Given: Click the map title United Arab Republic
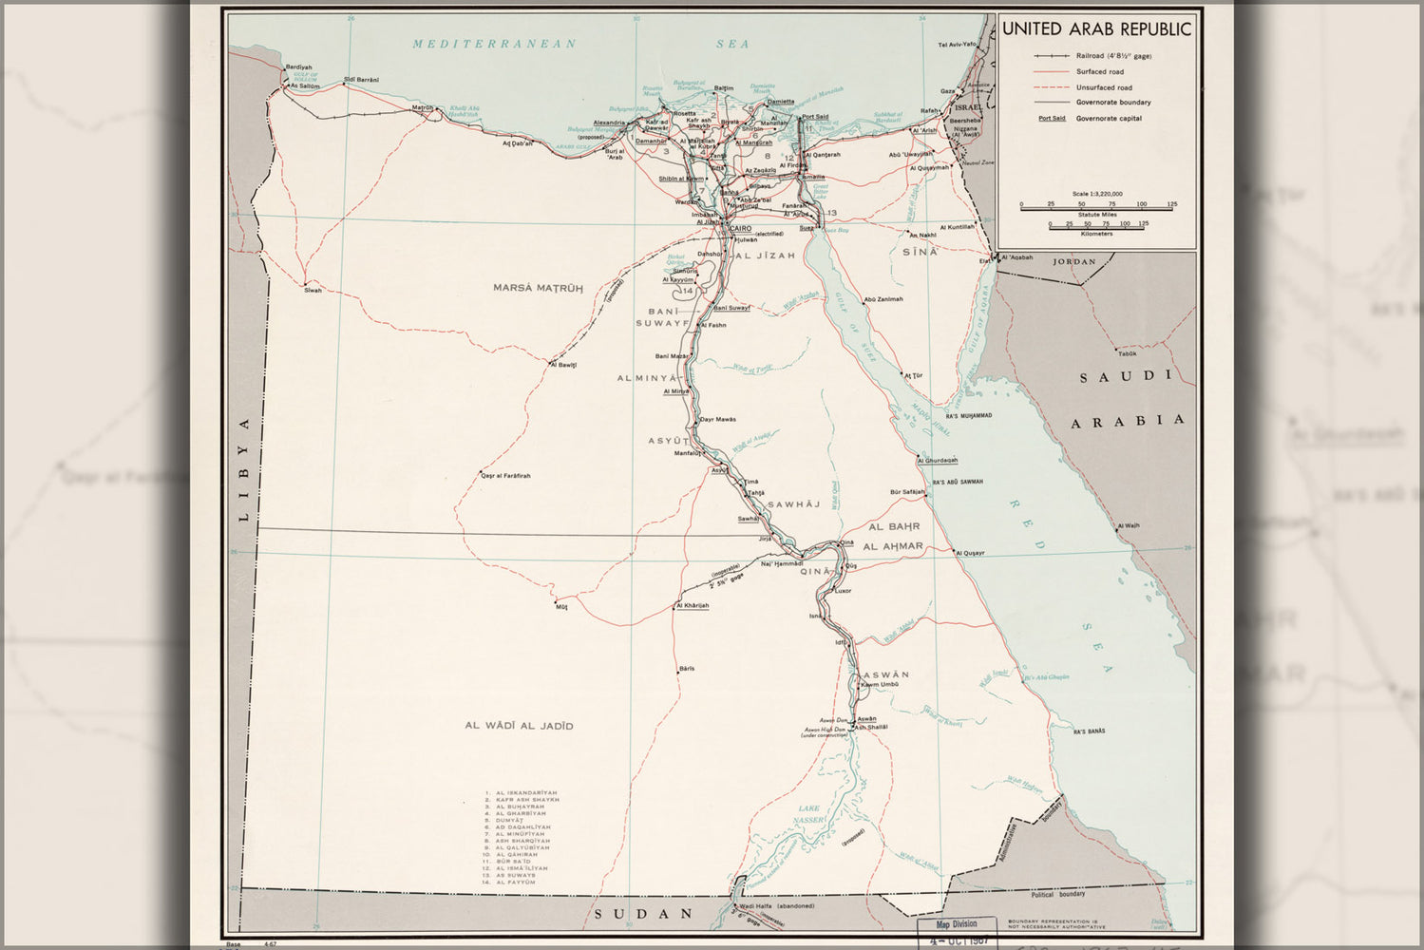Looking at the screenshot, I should (x=1096, y=29).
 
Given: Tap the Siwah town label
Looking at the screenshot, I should (x=313, y=290).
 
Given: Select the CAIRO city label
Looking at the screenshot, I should (x=740, y=229).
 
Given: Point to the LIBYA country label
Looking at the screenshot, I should (x=243, y=469).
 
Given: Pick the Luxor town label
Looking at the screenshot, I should (x=843, y=591).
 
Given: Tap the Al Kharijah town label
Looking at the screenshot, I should (x=693, y=605).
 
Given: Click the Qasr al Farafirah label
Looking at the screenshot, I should (x=505, y=475).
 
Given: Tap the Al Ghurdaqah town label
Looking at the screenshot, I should (x=938, y=461).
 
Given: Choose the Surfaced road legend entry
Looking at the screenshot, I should (x=1099, y=71).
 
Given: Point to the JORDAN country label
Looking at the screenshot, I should (x=1073, y=261).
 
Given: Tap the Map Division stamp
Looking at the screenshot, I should (x=956, y=923).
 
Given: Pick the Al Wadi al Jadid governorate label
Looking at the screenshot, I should (x=519, y=726).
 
